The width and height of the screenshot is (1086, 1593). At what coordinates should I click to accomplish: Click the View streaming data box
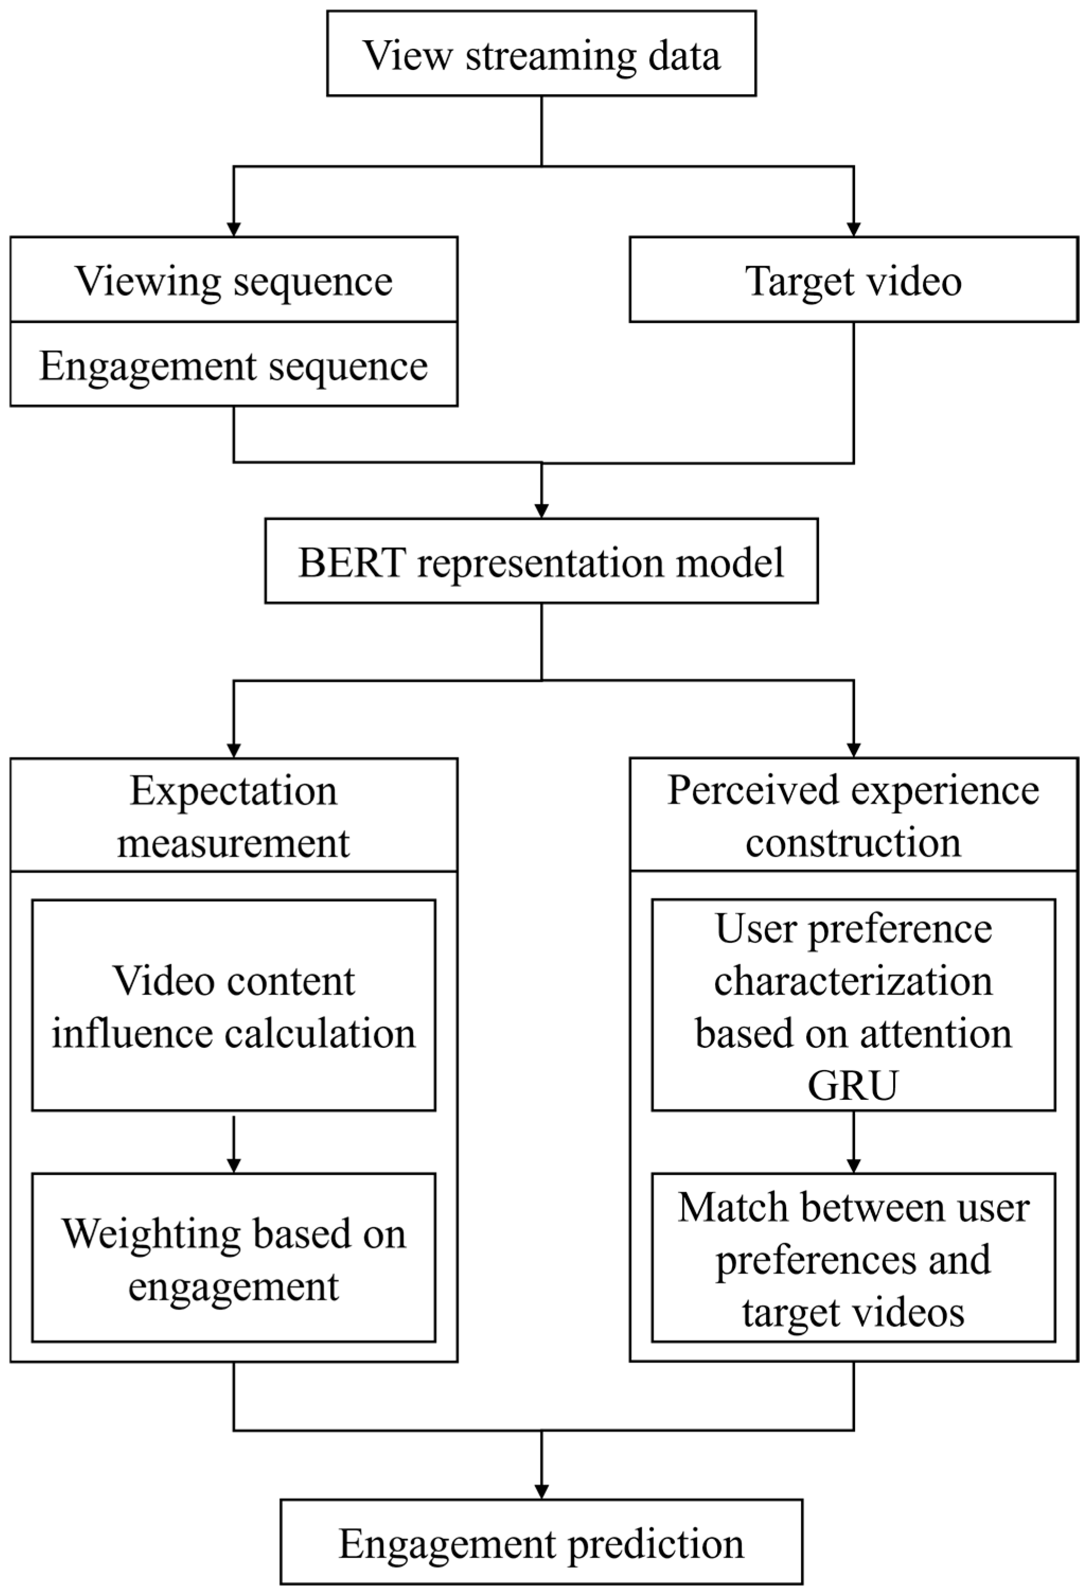[x=541, y=54]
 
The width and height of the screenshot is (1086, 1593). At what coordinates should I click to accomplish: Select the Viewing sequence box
[x=234, y=280]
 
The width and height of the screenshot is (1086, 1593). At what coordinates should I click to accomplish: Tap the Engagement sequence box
[x=234, y=364]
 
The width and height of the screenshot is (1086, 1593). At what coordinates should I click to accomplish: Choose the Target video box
[x=853, y=280]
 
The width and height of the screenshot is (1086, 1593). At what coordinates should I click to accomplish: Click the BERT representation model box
[x=541, y=560]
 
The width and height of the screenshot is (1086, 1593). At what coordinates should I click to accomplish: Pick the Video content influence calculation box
[x=234, y=1005]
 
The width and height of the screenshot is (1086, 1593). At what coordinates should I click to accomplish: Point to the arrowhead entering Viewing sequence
[x=234, y=229]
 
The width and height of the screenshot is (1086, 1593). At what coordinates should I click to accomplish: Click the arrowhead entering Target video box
[x=853, y=229]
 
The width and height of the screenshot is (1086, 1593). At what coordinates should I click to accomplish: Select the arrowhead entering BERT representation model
[x=541, y=511]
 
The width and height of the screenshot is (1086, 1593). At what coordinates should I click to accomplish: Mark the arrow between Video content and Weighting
[x=234, y=1143]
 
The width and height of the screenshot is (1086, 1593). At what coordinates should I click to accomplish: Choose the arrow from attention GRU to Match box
[x=853, y=1143]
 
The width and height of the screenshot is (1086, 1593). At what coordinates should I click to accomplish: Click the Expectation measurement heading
[x=234, y=816]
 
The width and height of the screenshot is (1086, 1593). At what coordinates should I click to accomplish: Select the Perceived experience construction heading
[x=853, y=816]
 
